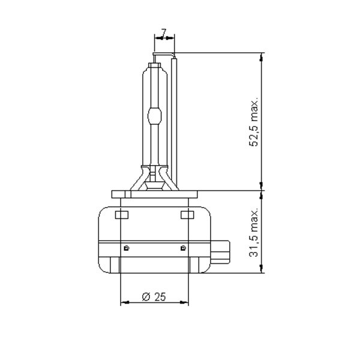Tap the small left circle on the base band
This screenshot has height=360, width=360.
click(x=125, y=247)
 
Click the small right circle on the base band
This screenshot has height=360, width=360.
click(x=182, y=247)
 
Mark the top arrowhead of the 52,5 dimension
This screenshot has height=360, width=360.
click(x=262, y=58)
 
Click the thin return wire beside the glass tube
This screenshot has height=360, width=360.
click(x=176, y=120)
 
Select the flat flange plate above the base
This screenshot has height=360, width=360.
click(x=154, y=194)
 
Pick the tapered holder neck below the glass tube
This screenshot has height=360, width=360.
click(x=154, y=178)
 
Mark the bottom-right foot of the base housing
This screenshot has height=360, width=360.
click(x=201, y=264)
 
